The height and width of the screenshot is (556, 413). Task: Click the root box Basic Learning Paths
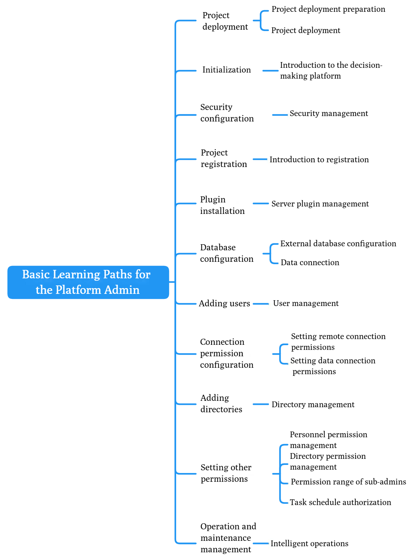click(88, 282)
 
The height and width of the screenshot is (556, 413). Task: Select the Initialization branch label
click(226, 70)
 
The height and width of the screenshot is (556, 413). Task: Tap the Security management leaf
click(329, 114)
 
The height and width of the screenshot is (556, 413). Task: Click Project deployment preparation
click(328, 9)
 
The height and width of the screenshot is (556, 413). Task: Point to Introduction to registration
click(319, 160)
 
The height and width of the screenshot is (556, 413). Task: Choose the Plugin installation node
click(222, 205)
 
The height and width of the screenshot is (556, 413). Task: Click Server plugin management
click(320, 204)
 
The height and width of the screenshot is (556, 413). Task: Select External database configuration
click(338, 244)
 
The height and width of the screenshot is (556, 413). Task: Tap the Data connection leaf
click(310, 262)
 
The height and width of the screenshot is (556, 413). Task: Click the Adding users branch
click(224, 303)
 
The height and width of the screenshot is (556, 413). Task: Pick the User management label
click(306, 303)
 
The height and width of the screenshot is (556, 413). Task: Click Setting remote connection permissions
click(338, 342)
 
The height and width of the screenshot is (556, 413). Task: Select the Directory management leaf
click(313, 405)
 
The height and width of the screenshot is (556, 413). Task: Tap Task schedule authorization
click(340, 502)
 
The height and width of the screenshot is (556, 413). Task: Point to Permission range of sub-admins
click(348, 482)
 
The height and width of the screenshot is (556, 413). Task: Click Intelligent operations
click(309, 544)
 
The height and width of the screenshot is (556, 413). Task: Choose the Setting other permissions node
click(226, 473)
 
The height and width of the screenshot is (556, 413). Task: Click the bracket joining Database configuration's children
click(271, 254)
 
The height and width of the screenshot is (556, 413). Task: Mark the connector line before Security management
click(280, 115)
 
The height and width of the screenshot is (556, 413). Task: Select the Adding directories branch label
click(221, 404)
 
